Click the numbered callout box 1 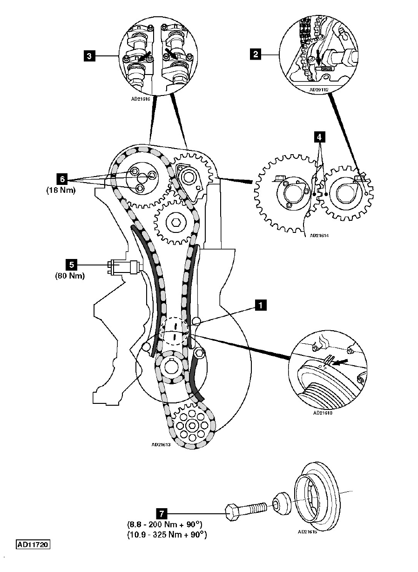click(261, 305)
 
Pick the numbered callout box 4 click(319, 137)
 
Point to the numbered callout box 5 click(72, 265)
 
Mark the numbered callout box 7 click(162, 513)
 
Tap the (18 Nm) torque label click(61, 191)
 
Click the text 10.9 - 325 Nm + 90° click(167, 535)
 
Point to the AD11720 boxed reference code click(34, 544)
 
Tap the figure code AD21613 click(161, 444)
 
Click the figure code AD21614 click(319, 236)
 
